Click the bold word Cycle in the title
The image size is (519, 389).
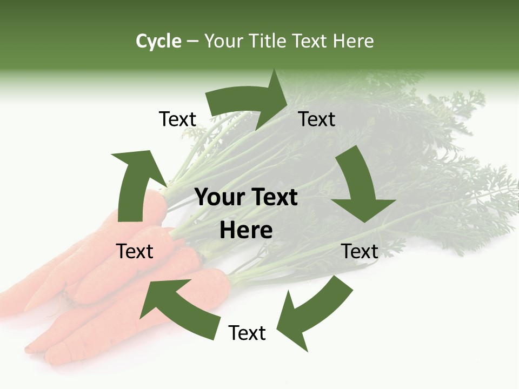click(158, 41)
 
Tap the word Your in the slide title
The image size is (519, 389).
click(223, 41)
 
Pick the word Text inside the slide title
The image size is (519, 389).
click(311, 41)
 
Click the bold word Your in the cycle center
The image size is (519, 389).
click(218, 197)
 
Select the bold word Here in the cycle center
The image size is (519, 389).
click(246, 231)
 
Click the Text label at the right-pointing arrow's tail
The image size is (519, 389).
click(177, 119)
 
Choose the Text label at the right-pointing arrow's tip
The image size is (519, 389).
click(317, 119)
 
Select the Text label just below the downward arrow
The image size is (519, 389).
click(360, 252)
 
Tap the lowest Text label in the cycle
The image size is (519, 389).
click(247, 333)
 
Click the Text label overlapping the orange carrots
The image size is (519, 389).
click(135, 252)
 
